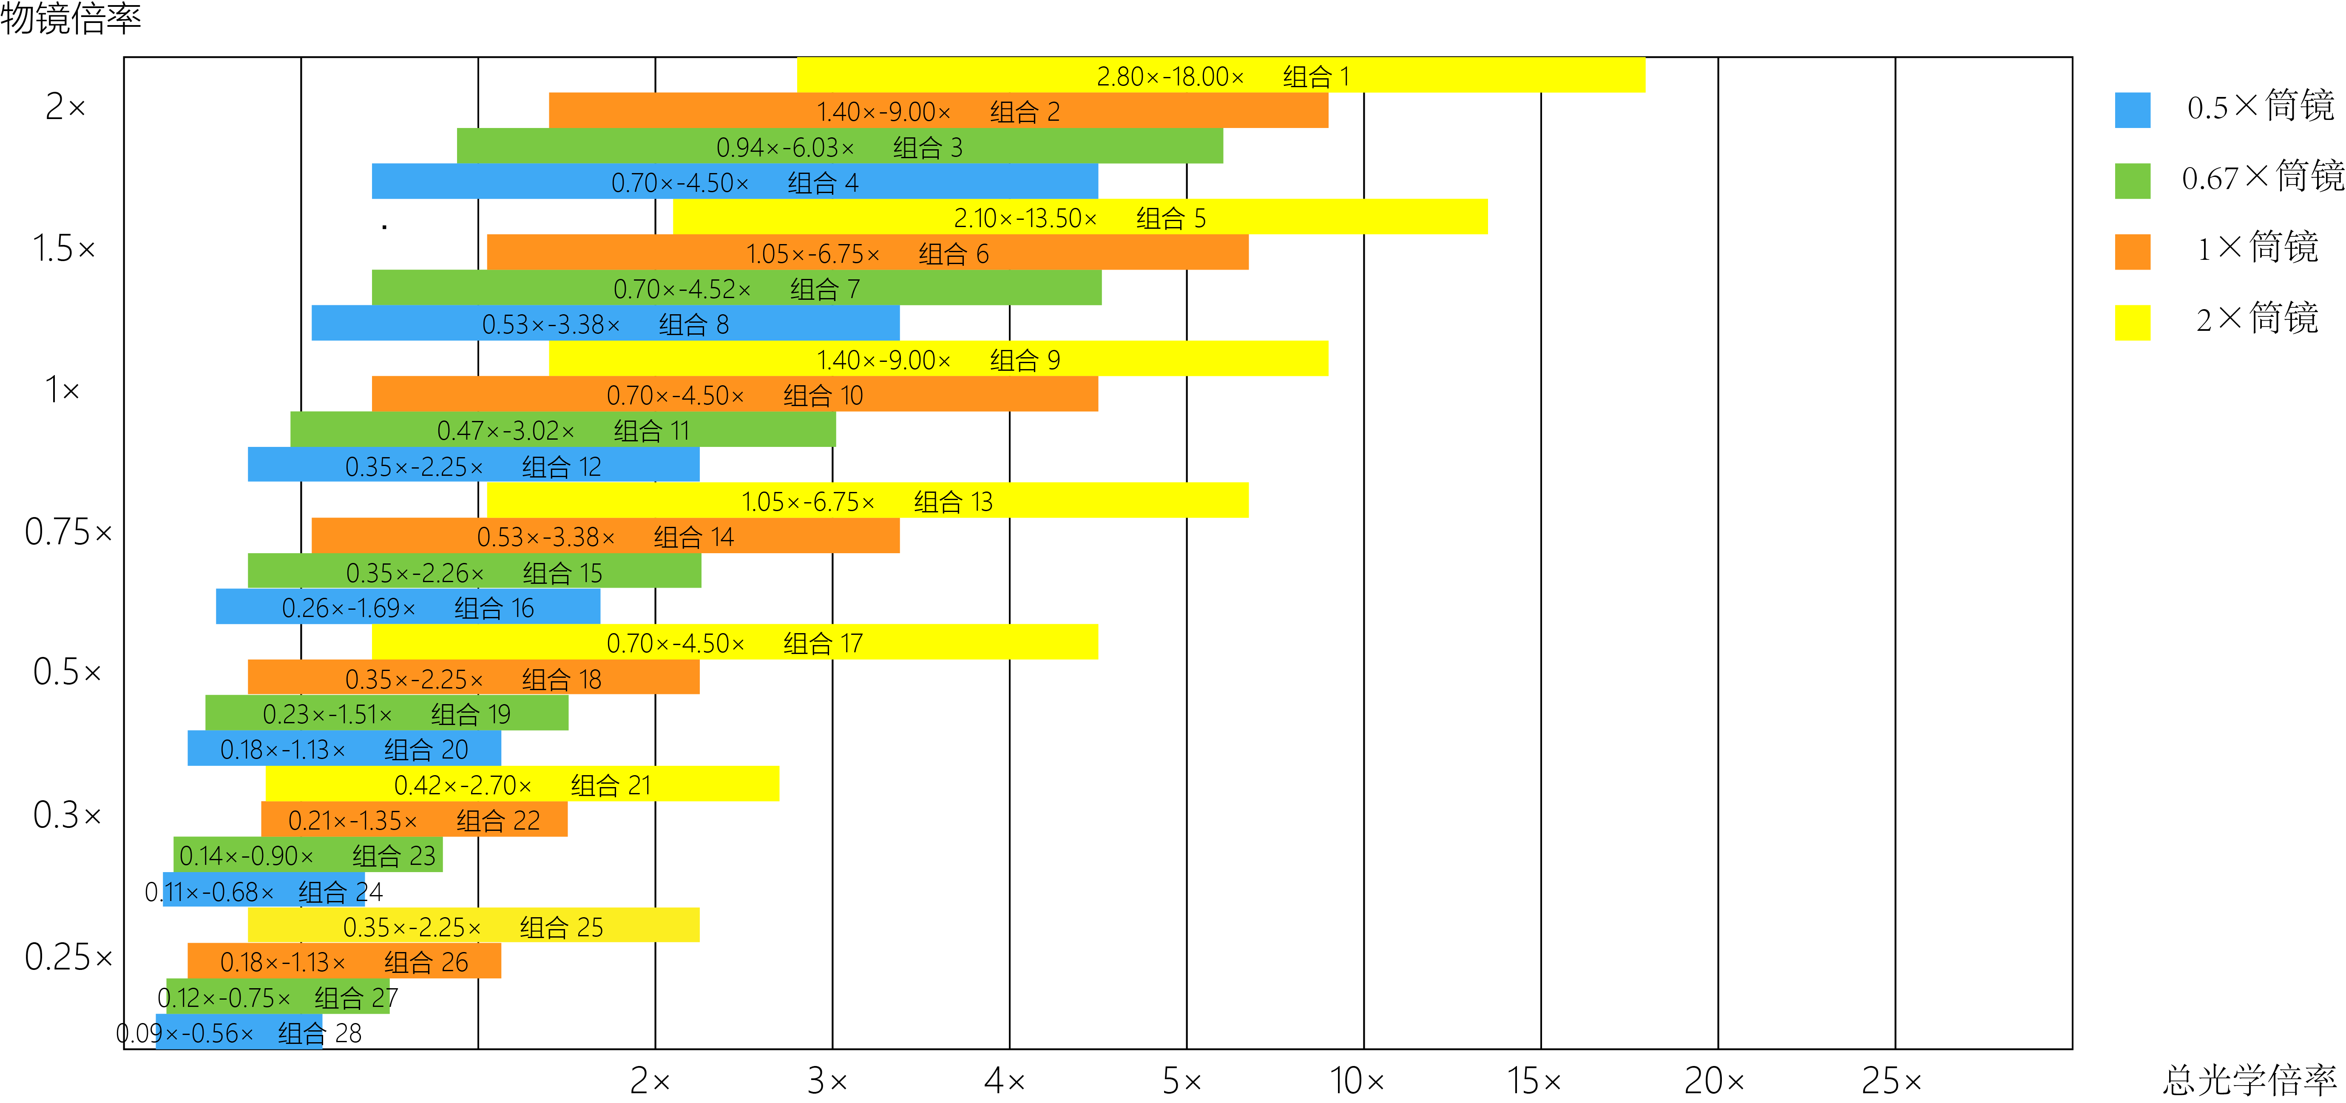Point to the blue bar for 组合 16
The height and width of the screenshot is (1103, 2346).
(407, 607)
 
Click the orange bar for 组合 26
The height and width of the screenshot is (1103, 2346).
(344, 961)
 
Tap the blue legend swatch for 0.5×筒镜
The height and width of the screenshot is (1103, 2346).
(2132, 109)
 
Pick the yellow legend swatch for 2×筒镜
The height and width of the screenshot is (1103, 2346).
(2132, 321)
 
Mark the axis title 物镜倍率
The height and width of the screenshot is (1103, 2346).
(71, 18)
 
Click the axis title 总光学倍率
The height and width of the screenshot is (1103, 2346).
(2249, 1080)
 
